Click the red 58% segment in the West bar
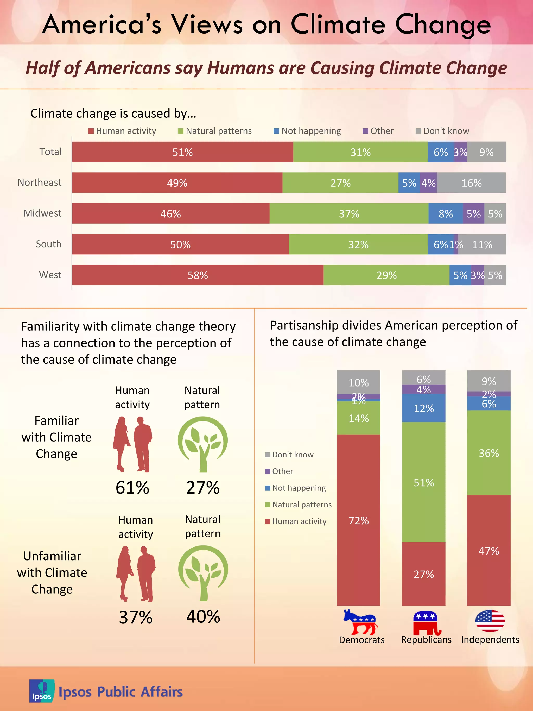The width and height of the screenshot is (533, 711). click(198, 275)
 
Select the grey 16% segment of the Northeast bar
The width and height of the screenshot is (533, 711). click(471, 183)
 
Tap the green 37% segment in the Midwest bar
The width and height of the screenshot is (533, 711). click(349, 214)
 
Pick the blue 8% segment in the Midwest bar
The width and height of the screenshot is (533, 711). click(446, 214)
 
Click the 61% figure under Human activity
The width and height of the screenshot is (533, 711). click(132, 488)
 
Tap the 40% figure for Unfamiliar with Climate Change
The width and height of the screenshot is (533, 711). click(203, 616)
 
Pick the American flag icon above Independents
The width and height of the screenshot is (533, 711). click(490, 621)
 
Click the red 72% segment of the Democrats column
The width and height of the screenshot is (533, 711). click(359, 520)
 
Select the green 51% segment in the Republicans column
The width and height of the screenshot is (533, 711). click(423, 482)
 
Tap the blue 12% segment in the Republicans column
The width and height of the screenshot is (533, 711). click(423, 408)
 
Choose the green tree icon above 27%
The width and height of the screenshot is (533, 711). click(203, 444)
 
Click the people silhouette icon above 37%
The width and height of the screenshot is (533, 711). click(136, 574)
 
